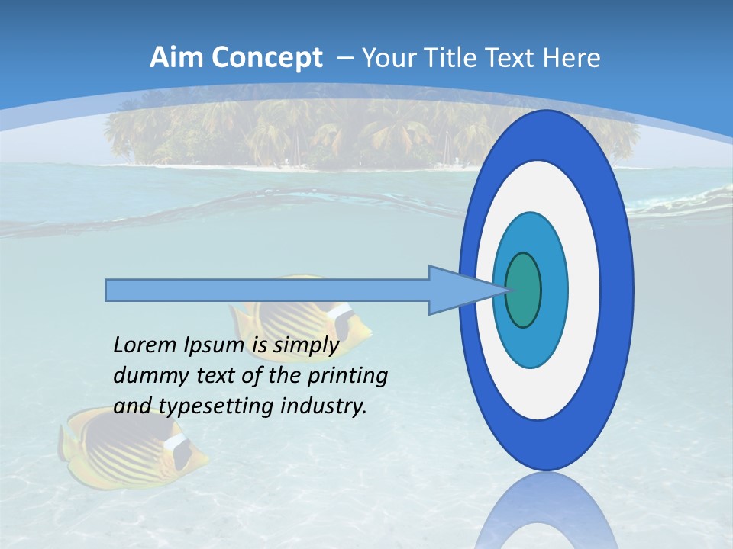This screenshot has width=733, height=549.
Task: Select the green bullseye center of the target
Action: [x=524, y=291]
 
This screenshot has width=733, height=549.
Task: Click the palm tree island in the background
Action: [x=366, y=137]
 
